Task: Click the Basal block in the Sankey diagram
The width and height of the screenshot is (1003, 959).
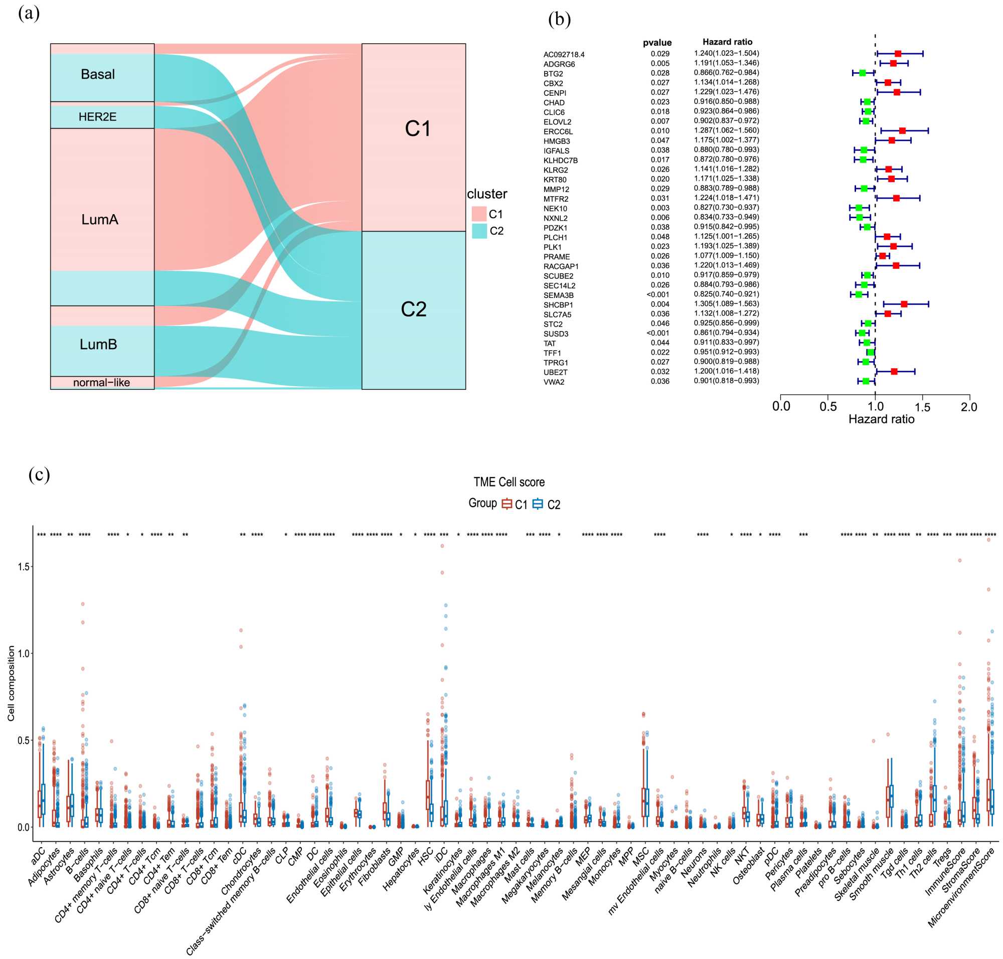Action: coord(98,75)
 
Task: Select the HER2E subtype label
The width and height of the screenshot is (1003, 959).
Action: coord(97,117)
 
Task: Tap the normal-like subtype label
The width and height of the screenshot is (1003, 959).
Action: coord(101,382)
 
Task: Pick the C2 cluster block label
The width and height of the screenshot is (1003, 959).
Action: coord(413,309)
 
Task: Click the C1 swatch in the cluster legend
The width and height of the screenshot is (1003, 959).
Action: coord(479,214)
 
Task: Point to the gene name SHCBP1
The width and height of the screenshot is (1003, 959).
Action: coord(558,304)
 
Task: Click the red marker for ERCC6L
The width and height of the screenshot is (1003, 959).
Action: coord(902,131)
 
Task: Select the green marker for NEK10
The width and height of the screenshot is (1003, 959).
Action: coord(859,208)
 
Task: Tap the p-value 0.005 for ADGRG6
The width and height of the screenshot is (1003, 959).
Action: coord(660,63)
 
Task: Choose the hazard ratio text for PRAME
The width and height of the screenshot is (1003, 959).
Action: coord(726,256)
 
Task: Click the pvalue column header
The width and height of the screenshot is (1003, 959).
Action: coord(657,43)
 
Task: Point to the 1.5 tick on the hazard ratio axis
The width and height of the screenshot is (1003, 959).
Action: coord(922,407)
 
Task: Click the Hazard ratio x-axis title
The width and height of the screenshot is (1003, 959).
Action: coord(881,419)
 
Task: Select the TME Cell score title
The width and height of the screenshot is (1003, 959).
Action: coord(509,482)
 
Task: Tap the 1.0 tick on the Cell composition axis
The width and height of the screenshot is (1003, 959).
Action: coord(23,654)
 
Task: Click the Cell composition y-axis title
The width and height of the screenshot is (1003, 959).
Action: coord(11,684)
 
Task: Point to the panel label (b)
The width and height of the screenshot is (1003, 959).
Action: coord(559,20)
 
